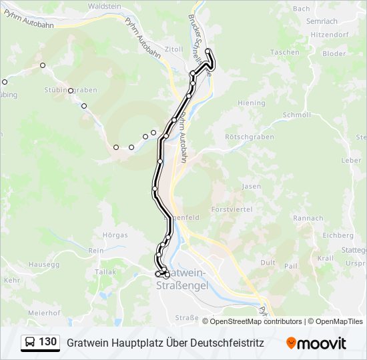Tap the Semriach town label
(322, 21)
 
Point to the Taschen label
(285, 52)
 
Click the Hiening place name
(252, 103)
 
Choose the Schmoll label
(297, 115)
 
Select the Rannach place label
(308, 218)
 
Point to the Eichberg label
(338, 235)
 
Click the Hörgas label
(115, 235)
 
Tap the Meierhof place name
(45, 313)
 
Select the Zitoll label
(173, 49)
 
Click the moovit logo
(316, 343)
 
